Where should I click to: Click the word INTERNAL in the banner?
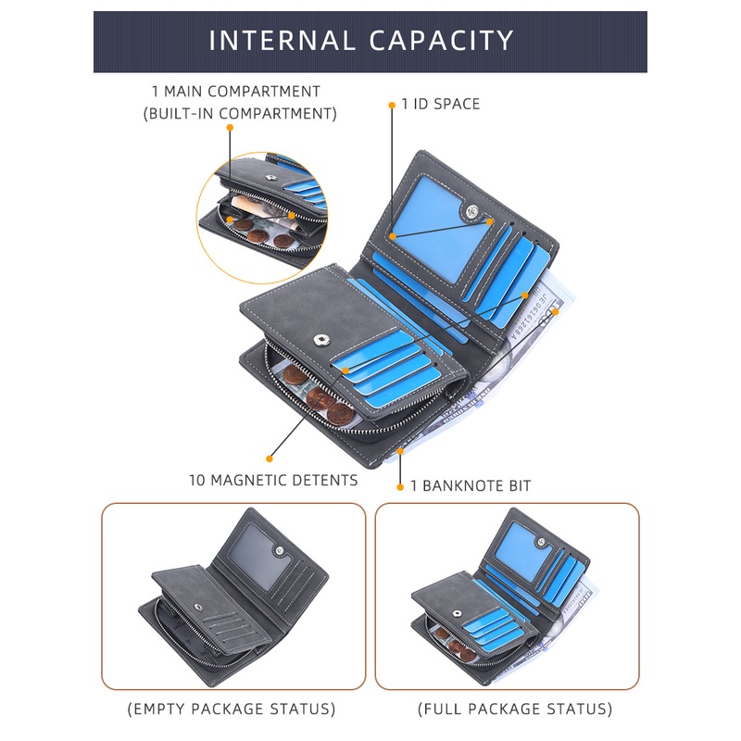283,40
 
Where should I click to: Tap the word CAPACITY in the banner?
441,40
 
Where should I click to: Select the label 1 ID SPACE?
441,104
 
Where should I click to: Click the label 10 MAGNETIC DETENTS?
273,480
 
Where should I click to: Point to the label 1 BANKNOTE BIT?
471,485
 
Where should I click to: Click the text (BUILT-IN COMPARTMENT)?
240,114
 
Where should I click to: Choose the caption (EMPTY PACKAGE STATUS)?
232,709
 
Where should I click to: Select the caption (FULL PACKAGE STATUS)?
515,709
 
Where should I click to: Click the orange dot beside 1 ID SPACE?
392,105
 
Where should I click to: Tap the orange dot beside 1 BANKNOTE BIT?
400,487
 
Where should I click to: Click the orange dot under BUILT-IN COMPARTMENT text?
230,128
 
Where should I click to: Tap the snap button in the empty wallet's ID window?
280,550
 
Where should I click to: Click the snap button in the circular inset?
270,178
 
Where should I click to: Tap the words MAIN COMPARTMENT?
242,91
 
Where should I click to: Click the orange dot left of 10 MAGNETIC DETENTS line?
270,458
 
